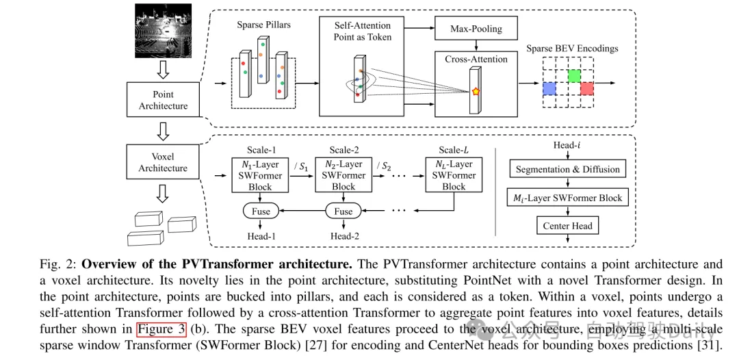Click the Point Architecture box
pos(163,100)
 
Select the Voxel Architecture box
pos(163,162)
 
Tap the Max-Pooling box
pos(476,29)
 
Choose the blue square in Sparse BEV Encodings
pos(549,88)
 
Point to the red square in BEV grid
pos(586,88)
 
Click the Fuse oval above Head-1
pos(261,211)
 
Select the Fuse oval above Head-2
pos(343,211)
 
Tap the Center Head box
pos(568,226)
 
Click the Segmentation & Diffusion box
pos(568,170)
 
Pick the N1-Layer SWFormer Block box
pos(261,175)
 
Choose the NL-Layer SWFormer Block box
pos(453,175)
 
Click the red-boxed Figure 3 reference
pos(161,329)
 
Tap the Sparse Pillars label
pos(264,25)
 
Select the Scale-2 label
pos(343,150)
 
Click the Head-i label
pos(568,146)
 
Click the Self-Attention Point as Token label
pos(363,31)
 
